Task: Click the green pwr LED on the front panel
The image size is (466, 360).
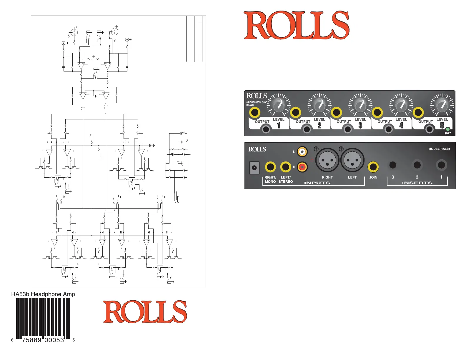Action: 447,129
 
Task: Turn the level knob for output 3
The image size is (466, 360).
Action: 360,105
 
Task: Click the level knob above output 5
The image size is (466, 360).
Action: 442,105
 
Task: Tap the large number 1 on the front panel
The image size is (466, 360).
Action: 279,125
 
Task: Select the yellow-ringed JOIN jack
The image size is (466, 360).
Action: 373,167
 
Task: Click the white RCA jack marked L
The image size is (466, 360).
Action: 302,152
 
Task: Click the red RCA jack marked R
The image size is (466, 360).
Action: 302,167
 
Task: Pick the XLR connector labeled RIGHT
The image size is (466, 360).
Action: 327,160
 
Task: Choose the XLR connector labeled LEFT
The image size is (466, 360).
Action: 352,160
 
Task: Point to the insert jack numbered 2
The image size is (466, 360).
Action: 417,165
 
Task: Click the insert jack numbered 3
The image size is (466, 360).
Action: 393,165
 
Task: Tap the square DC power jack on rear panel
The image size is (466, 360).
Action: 254,168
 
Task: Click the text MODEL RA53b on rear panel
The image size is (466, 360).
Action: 439,149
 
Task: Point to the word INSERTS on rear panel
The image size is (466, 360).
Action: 417,183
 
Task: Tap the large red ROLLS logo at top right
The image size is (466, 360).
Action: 297,25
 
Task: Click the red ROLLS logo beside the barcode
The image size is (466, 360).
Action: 145,311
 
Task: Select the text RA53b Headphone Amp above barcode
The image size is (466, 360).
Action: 43,294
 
